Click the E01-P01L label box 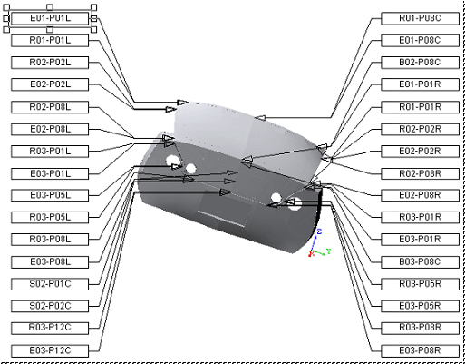[x=50, y=18]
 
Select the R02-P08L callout [x=50, y=107]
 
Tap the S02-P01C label [x=50, y=284]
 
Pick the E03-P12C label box [x=50, y=350]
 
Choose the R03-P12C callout [x=50, y=329]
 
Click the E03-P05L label [x=50, y=195]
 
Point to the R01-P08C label [x=420, y=18]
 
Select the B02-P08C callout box [x=420, y=63]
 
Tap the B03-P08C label [x=420, y=262]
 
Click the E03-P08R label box [x=420, y=350]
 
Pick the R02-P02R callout [x=420, y=129]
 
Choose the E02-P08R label [x=420, y=195]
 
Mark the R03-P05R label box [x=420, y=284]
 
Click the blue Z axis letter [x=319, y=231]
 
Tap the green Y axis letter [x=329, y=251]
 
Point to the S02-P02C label [x=50, y=306]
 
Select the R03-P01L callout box [x=50, y=152]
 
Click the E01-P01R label [x=420, y=84]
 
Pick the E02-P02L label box [x=50, y=84]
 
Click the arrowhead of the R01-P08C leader [x=260, y=118]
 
